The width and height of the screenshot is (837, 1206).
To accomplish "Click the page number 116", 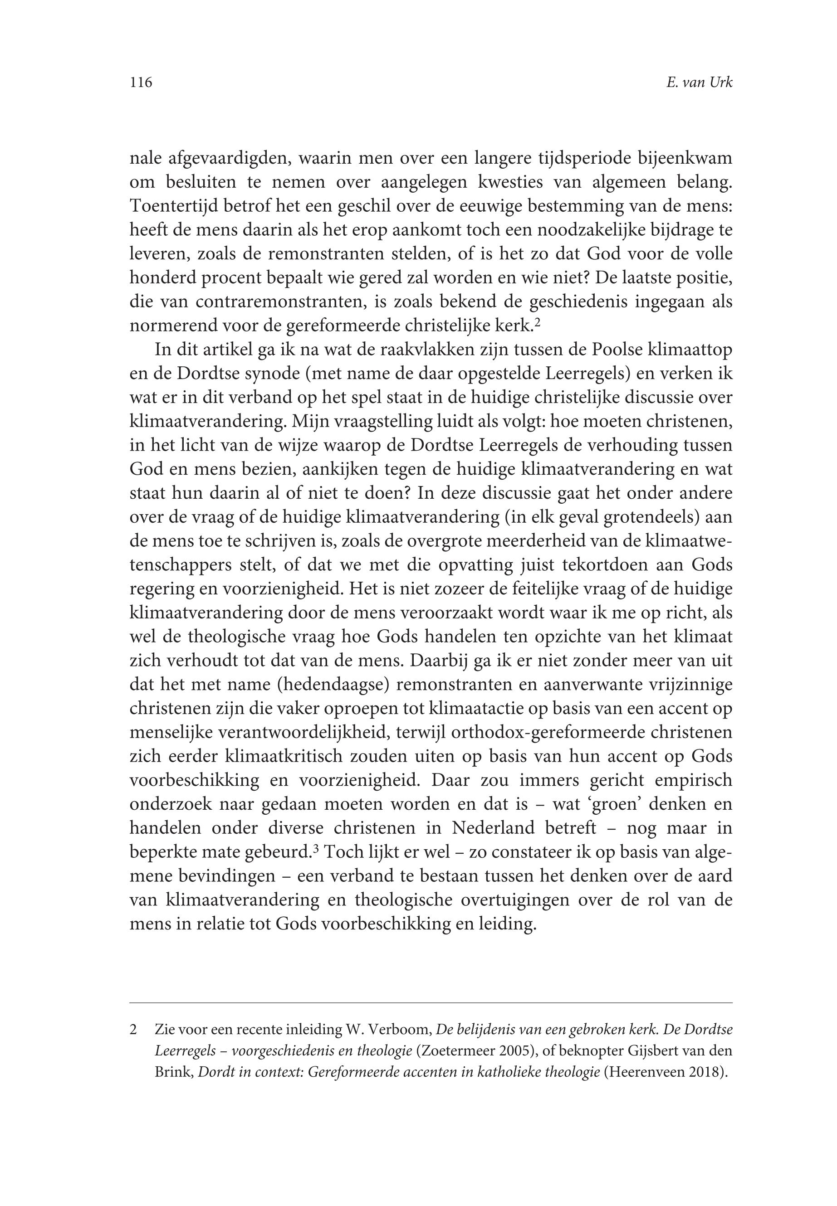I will (141, 82).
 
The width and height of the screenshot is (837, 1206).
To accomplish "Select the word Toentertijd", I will (174, 206).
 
